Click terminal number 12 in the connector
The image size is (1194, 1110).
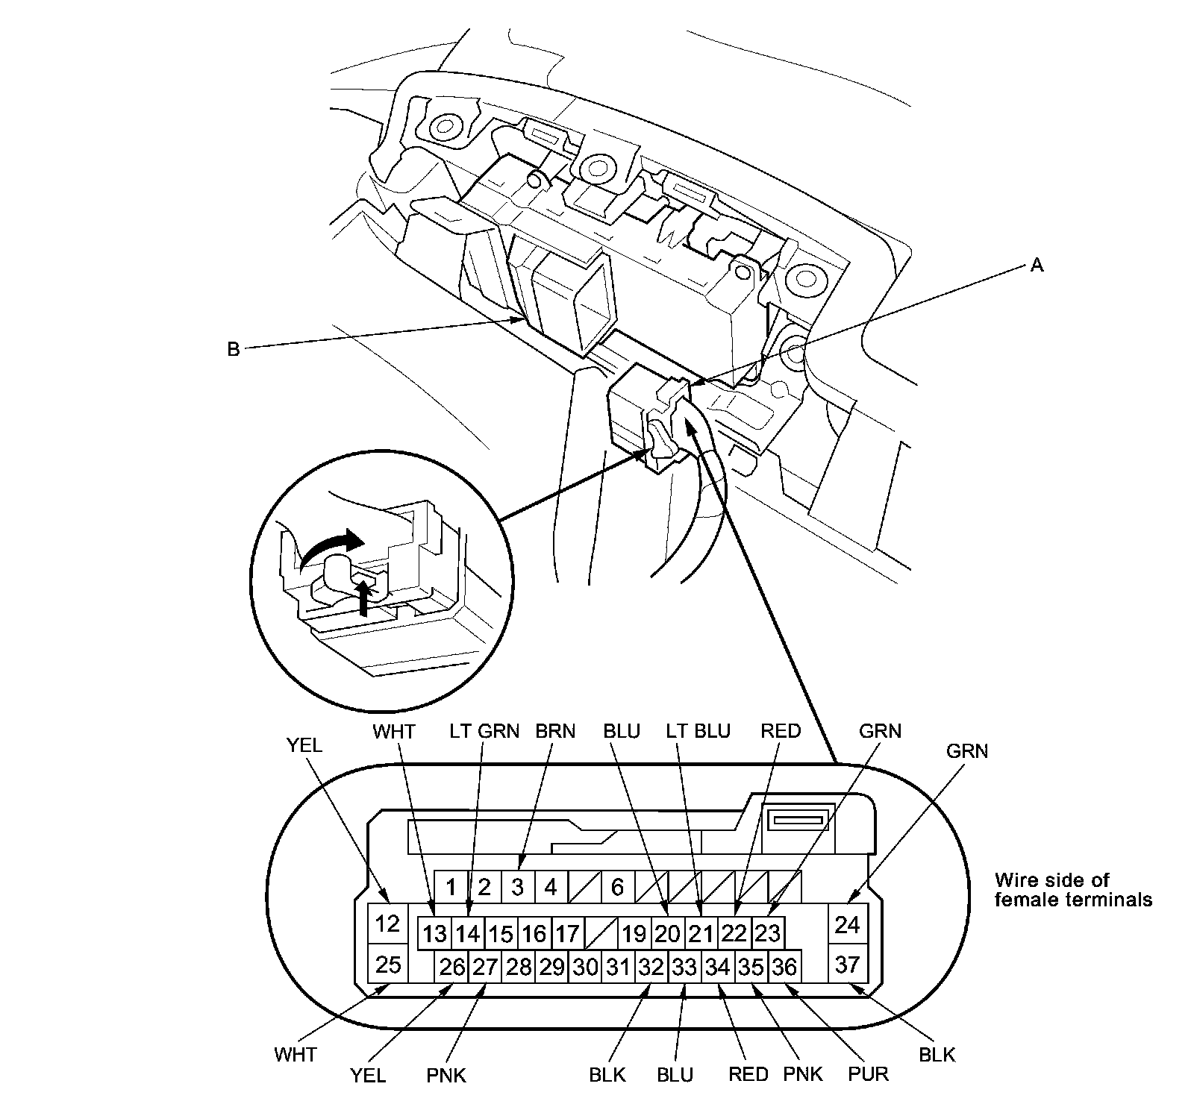tap(387, 924)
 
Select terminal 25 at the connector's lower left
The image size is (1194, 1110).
tap(387, 965)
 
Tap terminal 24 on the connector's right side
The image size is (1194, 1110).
tap(847, 924)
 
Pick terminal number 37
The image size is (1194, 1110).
tap(847, 965)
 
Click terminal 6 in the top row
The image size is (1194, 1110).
tap(617, 887)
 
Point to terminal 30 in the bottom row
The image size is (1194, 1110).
tap(585, 968)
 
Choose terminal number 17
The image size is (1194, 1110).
tap(567, 933)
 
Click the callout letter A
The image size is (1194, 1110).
tap(1036, 265)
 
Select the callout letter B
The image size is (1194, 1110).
tap(233, 348)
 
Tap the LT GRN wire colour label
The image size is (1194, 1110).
tap(484, 731)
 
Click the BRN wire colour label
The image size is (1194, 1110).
tap(555, 731)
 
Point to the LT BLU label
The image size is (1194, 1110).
tap(698, 731)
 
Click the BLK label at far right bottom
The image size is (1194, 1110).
tap(937, 1055)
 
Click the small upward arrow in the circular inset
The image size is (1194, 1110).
tap(363, 597)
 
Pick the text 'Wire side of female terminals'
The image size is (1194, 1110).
tap(1073, 890)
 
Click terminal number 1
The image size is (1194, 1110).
tap(451, 887)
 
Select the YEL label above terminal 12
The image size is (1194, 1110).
tap(304, 744)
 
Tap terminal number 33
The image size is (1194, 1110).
tap(684, 968)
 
